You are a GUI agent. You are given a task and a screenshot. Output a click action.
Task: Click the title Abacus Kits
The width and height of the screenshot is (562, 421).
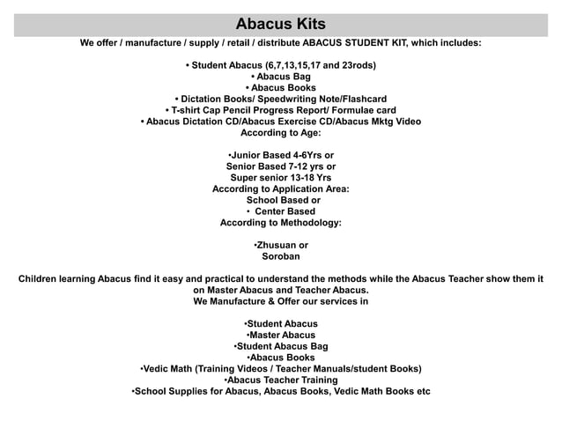click(x=280, y=23)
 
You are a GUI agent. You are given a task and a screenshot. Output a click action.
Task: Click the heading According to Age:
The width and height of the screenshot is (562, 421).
click(x=280, y=133)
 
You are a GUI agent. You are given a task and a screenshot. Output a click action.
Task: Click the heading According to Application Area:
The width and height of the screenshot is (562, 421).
click(x=280, y=189)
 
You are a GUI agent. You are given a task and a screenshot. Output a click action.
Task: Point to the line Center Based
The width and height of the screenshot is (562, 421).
click(x=285, y=211)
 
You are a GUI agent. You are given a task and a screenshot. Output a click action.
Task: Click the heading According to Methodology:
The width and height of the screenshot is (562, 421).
click(x=280, y=223)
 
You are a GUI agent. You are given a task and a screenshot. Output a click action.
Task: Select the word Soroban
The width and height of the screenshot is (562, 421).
click(x=281, y=256)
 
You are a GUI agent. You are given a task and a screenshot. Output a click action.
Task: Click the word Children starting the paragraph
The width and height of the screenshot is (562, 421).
click(x=45, y=279)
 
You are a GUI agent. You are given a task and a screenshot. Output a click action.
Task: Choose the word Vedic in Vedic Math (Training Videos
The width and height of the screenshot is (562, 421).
click(x=158, y=368)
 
